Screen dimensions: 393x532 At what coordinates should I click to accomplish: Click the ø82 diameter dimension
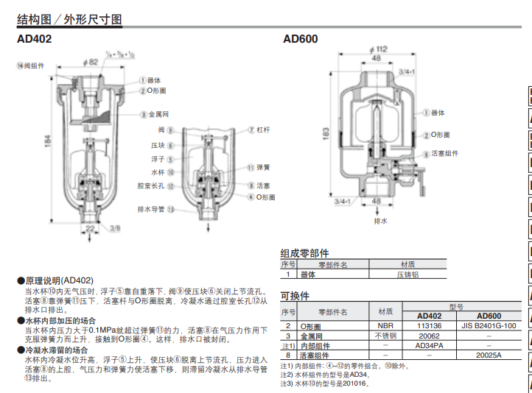point(90,63)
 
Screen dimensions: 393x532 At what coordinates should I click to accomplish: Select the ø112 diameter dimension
point(377,49)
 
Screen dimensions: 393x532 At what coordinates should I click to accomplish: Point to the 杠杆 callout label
point(262,129)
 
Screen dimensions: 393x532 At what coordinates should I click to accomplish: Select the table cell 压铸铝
point(407,275)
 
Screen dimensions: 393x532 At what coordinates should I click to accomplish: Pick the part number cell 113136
point(429,325)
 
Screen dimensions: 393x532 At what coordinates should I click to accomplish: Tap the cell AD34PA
point(429,345)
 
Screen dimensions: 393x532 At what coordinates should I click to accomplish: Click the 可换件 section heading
point(295,297)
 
